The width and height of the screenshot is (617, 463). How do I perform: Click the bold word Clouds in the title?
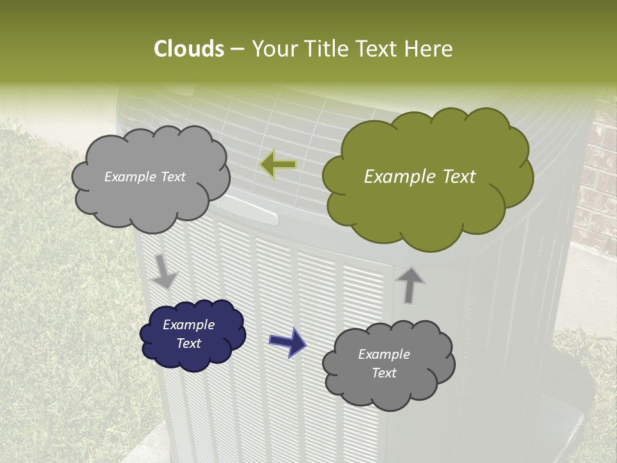coord(188,49)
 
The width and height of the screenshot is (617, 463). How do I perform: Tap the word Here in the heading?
coord(428,49)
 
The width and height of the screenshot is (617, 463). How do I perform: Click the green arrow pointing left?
coord(278,165)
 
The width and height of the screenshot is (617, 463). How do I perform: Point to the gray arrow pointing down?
coord(165,270)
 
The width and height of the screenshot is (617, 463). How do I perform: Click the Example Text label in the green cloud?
coord(420,177)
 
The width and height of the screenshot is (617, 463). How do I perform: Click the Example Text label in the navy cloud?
coord(189,334)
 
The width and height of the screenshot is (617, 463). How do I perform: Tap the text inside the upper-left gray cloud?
coord(145,177)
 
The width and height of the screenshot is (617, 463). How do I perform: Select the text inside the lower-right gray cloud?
coord(384,363)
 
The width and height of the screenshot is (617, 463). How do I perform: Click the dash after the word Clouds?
coord(237,50)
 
